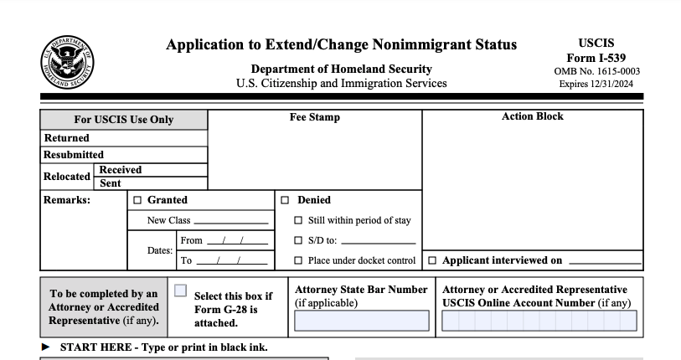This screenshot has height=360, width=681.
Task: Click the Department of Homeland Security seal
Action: (x=67, y=62)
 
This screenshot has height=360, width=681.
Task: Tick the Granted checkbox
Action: (x=137, y=201)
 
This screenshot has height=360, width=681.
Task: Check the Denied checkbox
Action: (x=285, y=201)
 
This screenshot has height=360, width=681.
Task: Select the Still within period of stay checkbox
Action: (x=298, y=221)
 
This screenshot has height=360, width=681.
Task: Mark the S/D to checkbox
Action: (x=298, y=241)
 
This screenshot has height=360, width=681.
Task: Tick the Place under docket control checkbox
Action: (x=298, y=260)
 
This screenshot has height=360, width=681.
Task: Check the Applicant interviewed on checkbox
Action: (x=432, y=260)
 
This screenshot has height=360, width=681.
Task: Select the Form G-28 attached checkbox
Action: (x=180, y=291)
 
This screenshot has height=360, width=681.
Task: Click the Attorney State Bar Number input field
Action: (x=360, y=321)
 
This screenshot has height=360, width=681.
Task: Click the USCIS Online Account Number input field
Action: (x=539, y=321)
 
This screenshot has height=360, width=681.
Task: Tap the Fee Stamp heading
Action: (x=315, y=118)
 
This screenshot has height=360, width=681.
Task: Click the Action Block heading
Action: (x=533, y=117)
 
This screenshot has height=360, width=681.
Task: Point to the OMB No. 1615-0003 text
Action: (x=597, y=72)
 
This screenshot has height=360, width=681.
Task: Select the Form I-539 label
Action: (x=596, y=58)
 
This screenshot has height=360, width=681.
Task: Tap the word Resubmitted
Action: (x=74, y=155)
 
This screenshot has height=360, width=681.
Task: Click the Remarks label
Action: (x=67, y=201)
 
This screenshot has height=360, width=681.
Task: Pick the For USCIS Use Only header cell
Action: (x=124, y=120)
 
